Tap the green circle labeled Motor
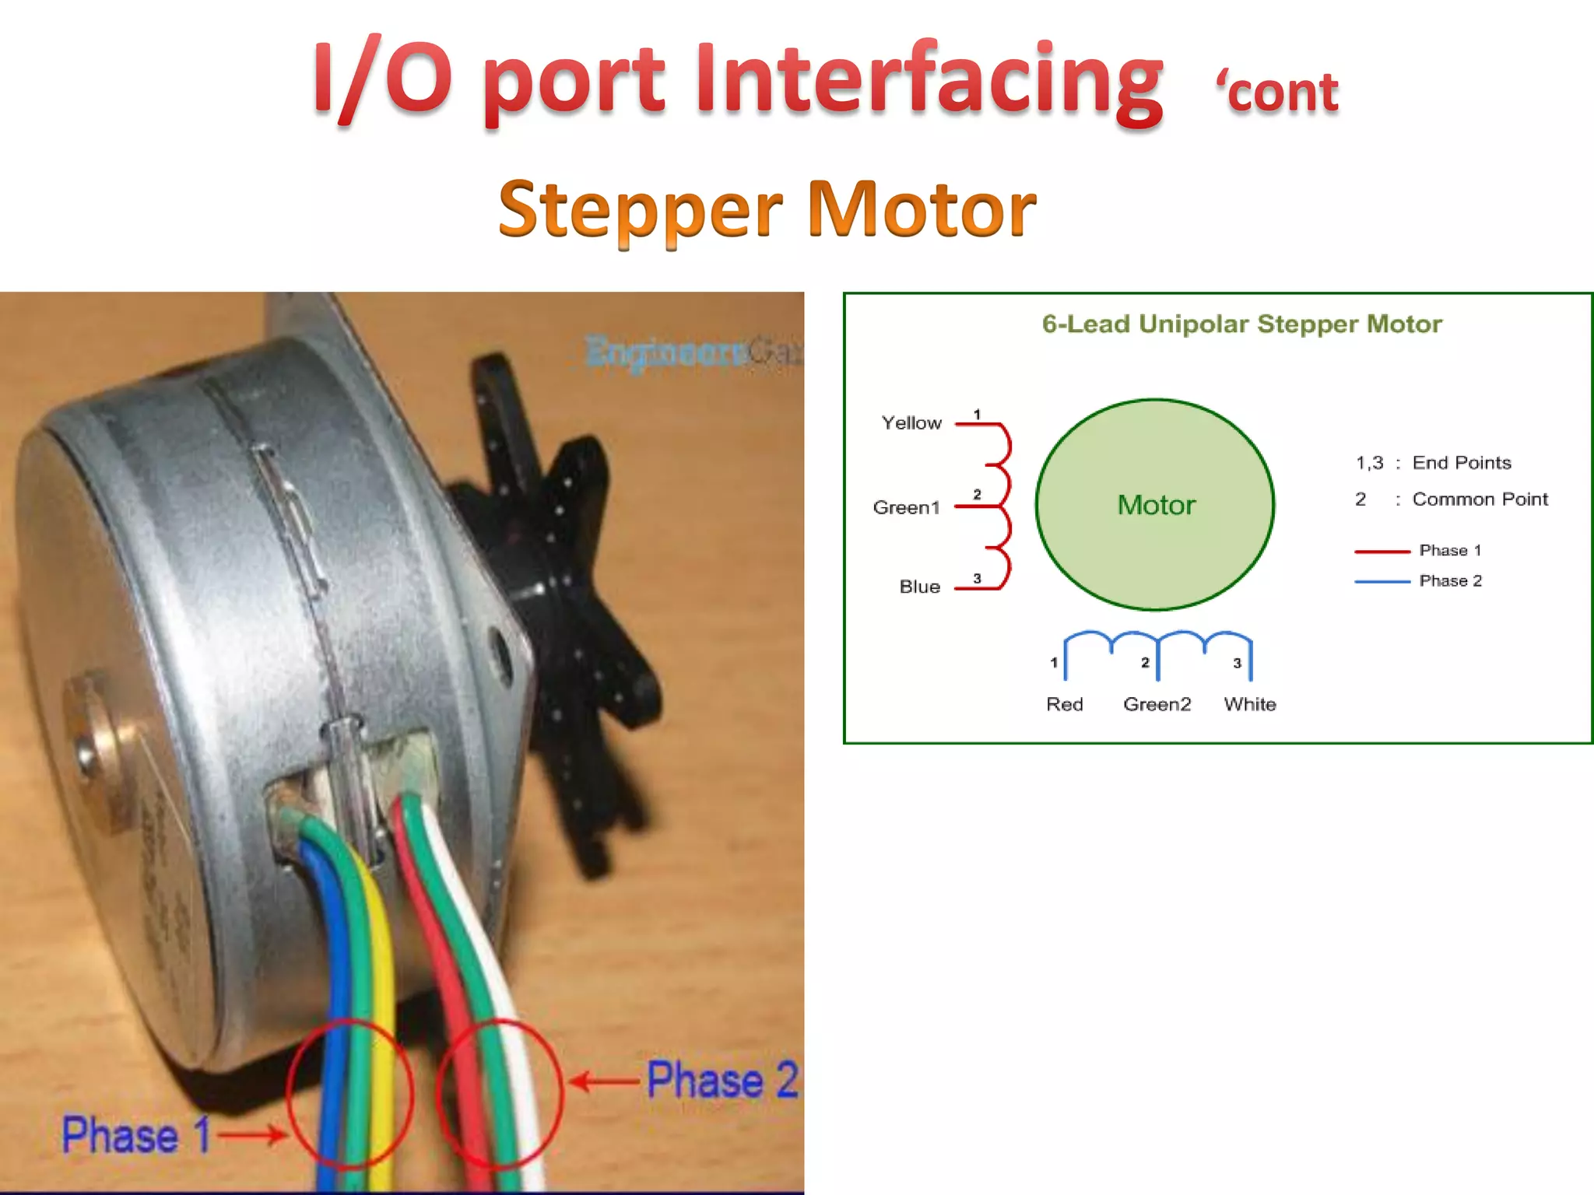[1155, 504]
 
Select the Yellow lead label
[911, 423]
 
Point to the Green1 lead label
[906, 508]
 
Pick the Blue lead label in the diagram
[919, 587]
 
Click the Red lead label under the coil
[1064, 704]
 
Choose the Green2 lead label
[1157, 704]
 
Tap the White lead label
[1249, 704]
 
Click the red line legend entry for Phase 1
[1382, 552]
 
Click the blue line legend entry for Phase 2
[1382, 581]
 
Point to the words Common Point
[1480, 499]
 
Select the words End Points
[1462, 463]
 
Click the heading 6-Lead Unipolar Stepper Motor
[1241, 324]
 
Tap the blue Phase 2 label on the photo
[722, 1080]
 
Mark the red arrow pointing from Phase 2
[604, 1081]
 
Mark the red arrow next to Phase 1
[251, 1134]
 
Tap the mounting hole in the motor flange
[499, 646]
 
